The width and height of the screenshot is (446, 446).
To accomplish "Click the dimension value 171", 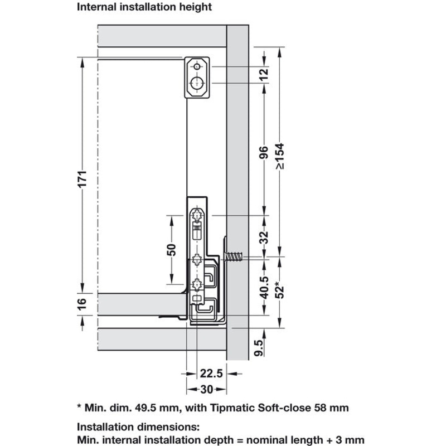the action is point(83,179).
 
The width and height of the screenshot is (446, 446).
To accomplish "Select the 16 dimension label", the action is point(82,304).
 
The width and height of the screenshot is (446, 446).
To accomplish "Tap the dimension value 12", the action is point(264,75).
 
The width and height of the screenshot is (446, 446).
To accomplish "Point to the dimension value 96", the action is point(264,152).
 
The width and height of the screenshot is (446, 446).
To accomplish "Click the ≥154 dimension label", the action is point(280,156).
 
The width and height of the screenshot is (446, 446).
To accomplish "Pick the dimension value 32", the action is point(264,237).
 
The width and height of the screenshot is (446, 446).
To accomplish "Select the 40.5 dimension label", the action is point(264,287).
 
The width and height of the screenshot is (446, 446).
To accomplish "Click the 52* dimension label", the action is point(280,290).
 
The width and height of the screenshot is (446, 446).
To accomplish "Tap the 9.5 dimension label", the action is point(259,347).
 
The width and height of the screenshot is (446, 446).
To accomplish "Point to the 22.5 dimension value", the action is point(211,373).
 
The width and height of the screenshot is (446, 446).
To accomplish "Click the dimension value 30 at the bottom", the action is point(206,389).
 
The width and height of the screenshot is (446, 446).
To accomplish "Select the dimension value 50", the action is point(172,250).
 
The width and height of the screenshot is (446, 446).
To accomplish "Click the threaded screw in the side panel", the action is point(234,256).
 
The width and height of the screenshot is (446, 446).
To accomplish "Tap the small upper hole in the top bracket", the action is point(197,67).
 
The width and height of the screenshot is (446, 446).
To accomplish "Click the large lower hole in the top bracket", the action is point(197,83).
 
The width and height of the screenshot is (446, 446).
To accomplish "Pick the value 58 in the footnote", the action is point(320,408).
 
